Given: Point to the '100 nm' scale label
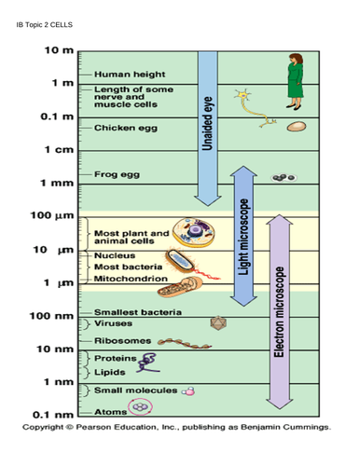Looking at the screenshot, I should pos(54,316).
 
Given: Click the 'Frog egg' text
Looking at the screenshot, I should pos(117,174).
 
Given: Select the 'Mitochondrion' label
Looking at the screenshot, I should pos(132,279).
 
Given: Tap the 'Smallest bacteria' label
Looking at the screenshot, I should pos(138,311).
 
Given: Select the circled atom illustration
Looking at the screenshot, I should pos(143,407).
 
